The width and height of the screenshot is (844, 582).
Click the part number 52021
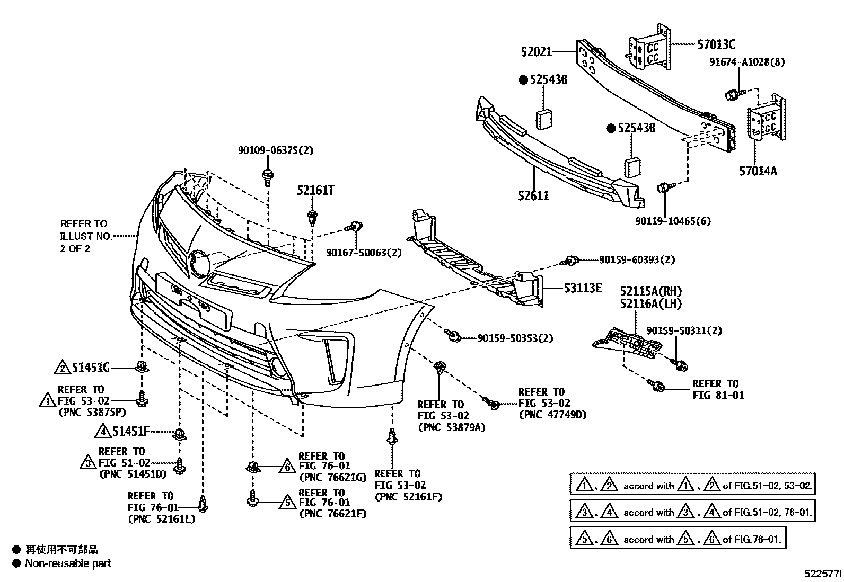point(536,52)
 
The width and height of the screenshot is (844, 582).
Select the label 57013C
point(716,44)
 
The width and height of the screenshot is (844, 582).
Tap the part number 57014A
point(758,171)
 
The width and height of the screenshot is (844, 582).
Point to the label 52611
point(533,196)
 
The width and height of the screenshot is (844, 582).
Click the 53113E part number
point(583,288)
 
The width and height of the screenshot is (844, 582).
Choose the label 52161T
point(315,191)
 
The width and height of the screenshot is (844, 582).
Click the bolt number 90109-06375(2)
point(275,150)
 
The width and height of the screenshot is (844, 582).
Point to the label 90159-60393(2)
point(637,259)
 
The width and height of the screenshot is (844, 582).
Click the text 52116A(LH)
point(651,304)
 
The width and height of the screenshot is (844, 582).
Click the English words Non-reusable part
point(68,563)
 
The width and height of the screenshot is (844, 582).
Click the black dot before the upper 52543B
point(523,80)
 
